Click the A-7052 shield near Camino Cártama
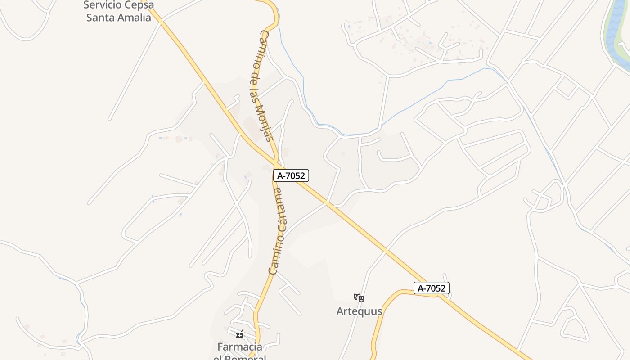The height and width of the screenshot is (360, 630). click(x=291, y=175)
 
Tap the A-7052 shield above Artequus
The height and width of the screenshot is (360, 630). click(x=432, y=288)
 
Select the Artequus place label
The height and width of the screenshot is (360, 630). click(x=359, y=311)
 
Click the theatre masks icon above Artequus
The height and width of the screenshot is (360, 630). click(x=359, y=297)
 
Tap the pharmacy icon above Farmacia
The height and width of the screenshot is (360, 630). click(x=240, y=334)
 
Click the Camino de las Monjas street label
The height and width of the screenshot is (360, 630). click(x=261, y=85)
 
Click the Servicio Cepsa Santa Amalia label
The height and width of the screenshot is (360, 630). click(x=119, y=11)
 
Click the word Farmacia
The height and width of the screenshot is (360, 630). click(x=240, y=346)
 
